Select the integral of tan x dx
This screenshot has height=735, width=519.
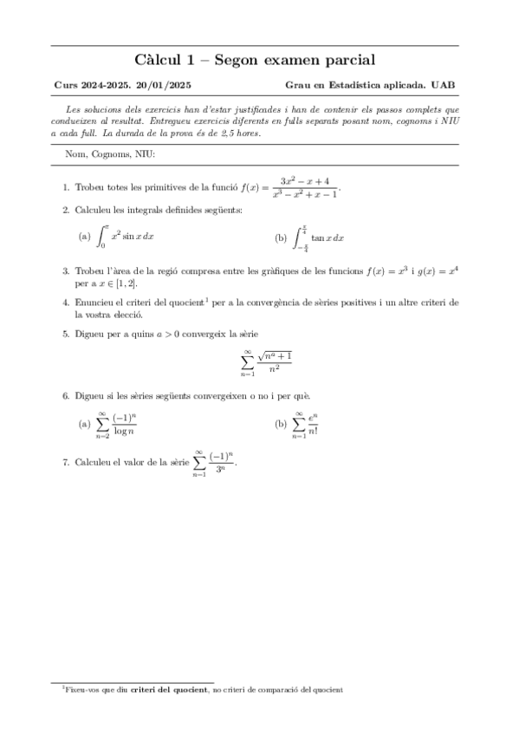click(x=321, y=237)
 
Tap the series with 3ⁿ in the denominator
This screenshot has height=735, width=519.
click(x=214, y=463)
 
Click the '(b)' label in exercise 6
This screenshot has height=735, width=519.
click(x=280, y=425)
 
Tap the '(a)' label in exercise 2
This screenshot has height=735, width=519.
click(x=84, y=237)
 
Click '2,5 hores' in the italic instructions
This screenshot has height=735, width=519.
click(x=237, y=134)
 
